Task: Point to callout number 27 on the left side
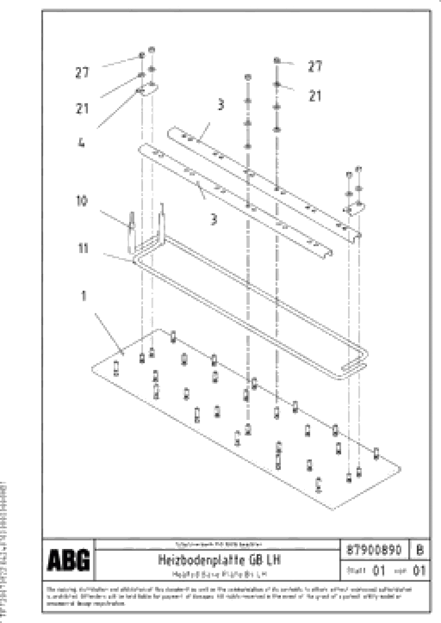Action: pyautogui.click(x=82, y=73)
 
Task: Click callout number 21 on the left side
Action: pyautogui.click(x=82, y=109)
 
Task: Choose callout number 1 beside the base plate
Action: pyautogui.click(x=84, y=296)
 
